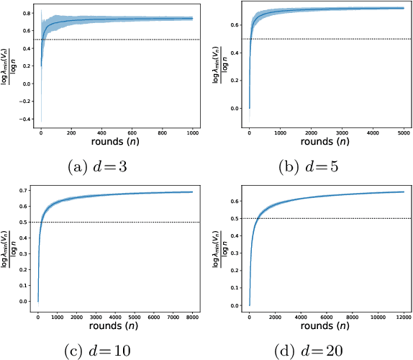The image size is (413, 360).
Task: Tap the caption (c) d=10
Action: (104, 351)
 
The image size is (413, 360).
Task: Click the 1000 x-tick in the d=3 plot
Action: (191, 133)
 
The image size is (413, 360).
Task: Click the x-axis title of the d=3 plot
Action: (115, 143)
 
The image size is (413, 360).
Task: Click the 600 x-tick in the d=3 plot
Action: (131, 133)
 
